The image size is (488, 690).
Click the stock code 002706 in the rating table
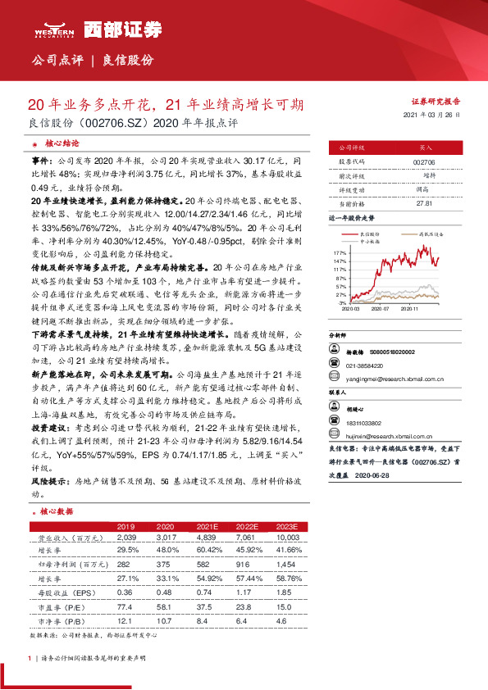pos(425,163)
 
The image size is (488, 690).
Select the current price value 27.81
pos(425,202)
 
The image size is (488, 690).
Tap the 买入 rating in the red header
pos(425,148)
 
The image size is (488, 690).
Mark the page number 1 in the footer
pos(29,657)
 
